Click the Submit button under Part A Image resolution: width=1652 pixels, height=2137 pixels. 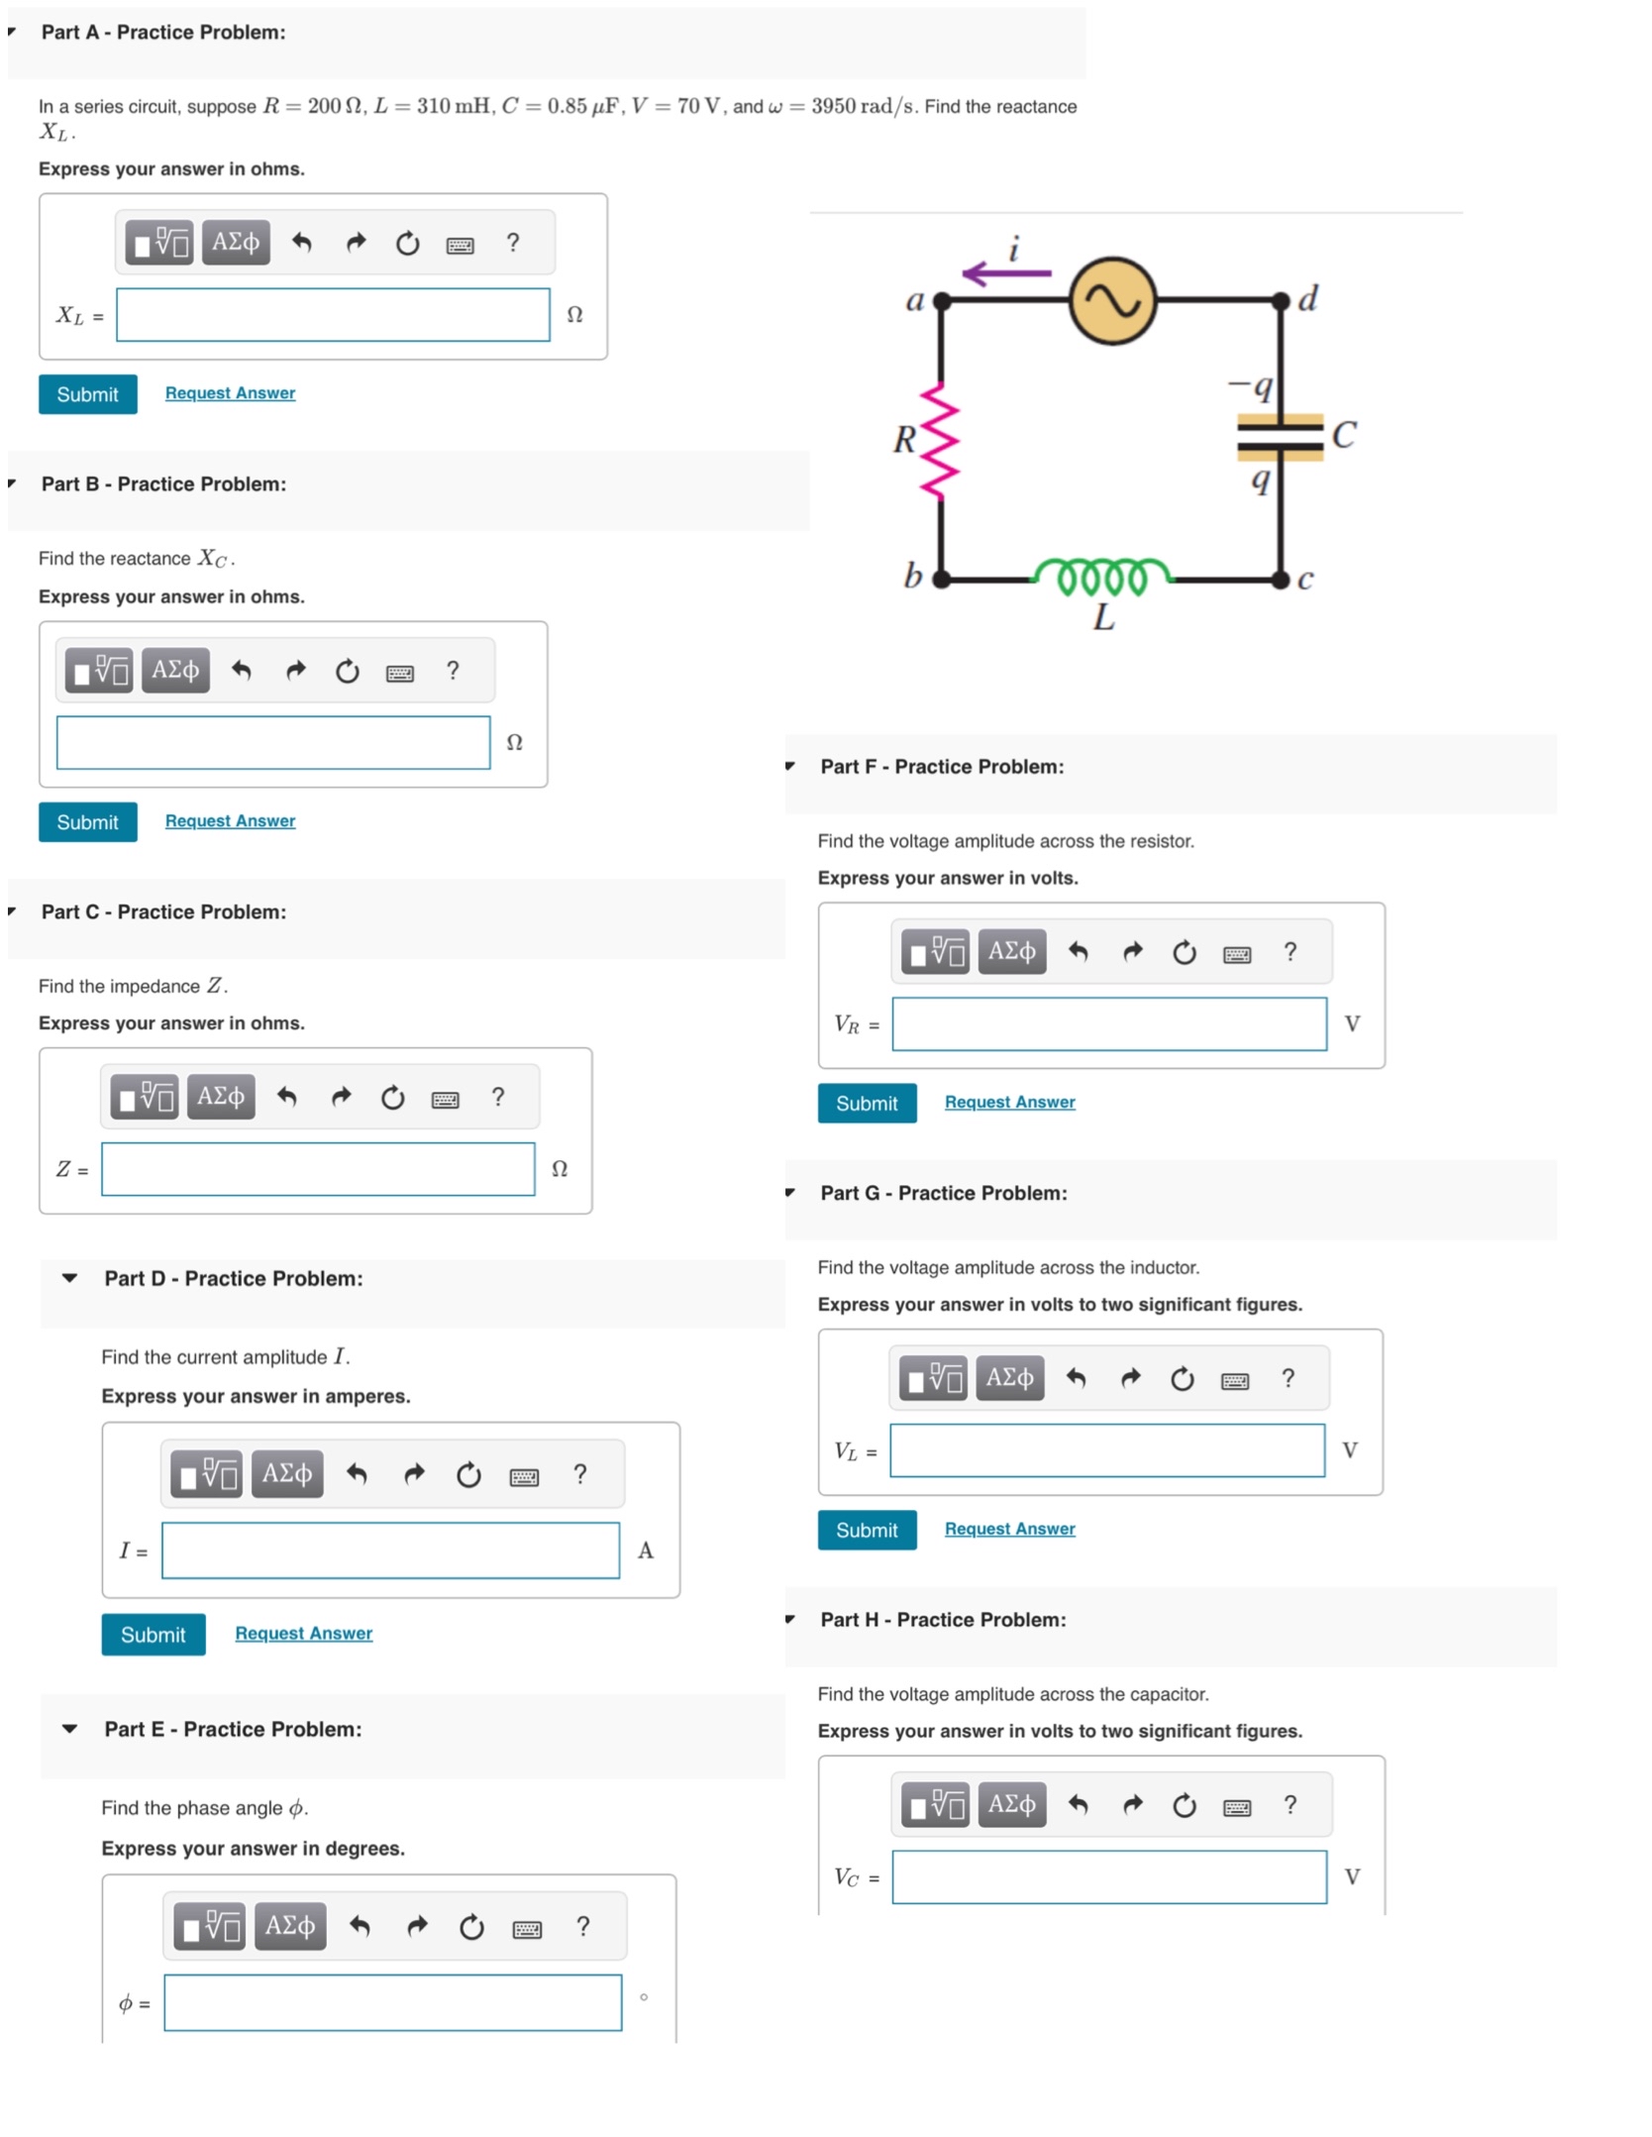point(87,394)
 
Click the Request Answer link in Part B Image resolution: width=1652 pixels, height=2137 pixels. point(230,821)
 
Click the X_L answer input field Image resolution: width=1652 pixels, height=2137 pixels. point(333,315)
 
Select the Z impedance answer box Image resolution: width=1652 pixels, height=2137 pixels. point(318,1169)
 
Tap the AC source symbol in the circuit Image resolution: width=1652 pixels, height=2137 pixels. point(1112,301)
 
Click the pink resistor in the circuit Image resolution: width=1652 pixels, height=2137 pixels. point(939,440)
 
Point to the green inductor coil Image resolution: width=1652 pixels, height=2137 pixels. point(1101,576)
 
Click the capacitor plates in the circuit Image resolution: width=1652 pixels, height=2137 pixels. point(1280,437)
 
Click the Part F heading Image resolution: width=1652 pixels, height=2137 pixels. point(942,767)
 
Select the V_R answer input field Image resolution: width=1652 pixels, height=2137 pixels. point(1109,1024)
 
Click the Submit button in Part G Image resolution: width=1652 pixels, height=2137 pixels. point(867,1531)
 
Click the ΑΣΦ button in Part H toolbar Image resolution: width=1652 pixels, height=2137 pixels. point(1011,1805)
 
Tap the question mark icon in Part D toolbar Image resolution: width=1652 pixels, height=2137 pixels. point(580,1474)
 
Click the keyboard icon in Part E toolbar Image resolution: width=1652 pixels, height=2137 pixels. point(527,1929)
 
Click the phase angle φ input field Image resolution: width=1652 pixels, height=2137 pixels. point(393,2003)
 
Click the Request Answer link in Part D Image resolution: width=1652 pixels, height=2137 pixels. point(304,1634)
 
